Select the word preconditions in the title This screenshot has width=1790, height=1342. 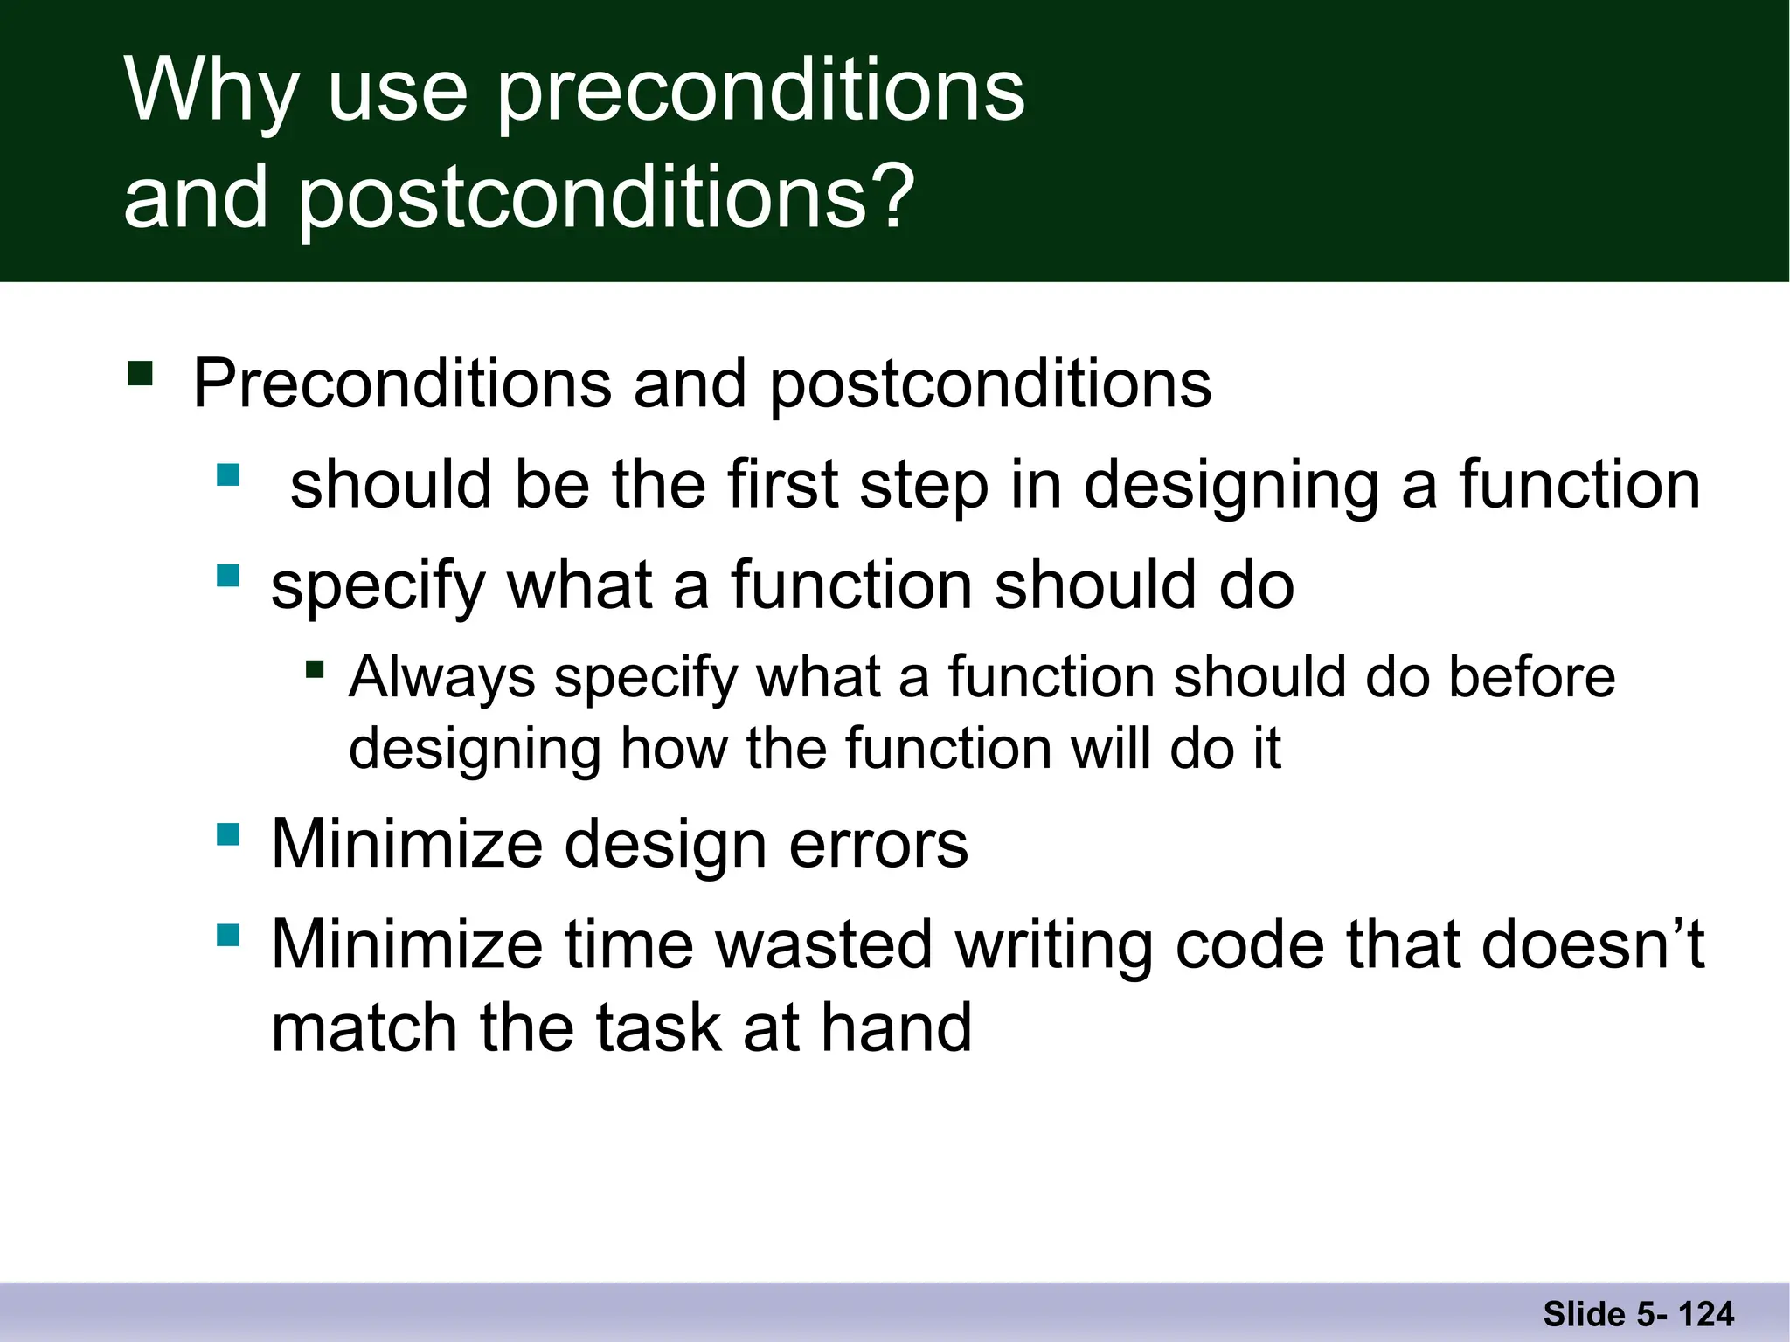760,90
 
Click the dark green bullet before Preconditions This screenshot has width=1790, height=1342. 140,374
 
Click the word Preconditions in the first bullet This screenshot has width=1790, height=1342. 402,384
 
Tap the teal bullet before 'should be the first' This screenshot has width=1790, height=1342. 228,475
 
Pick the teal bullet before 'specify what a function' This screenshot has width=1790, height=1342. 228,576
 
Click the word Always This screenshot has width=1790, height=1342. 441,677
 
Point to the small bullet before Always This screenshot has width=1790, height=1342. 315,671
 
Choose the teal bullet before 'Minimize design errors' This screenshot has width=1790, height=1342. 228,834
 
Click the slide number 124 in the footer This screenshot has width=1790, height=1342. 1706,1314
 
